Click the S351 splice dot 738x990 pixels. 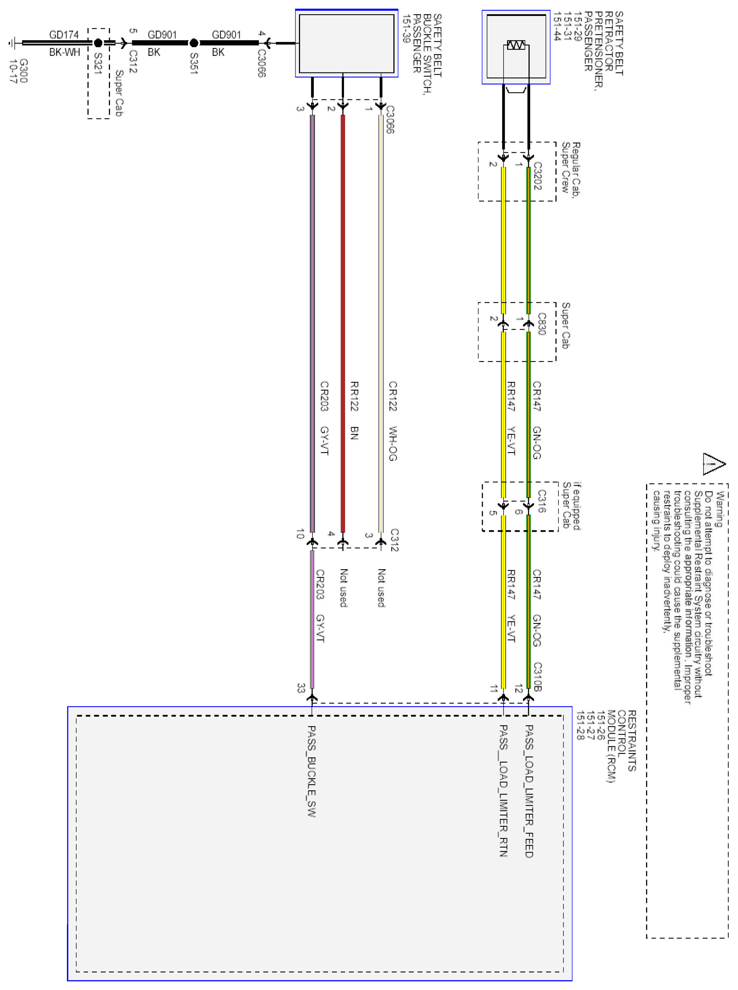point(194,43)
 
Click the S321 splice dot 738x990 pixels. point(98,43)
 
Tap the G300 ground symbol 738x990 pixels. point(12,43)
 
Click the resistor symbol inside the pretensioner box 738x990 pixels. point(516,45)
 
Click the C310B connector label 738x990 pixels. point(538,677)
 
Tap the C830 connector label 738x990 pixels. point(541,323)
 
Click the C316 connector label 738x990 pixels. point(541,501)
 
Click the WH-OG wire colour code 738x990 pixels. point(393,443)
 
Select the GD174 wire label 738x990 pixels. point(64,35)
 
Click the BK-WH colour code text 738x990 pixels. point(64,52)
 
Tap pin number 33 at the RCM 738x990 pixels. point(301,688)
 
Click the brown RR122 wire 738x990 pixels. point(343,313)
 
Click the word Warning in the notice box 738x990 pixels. point(719,509)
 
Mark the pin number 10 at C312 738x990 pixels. point(300,533)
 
